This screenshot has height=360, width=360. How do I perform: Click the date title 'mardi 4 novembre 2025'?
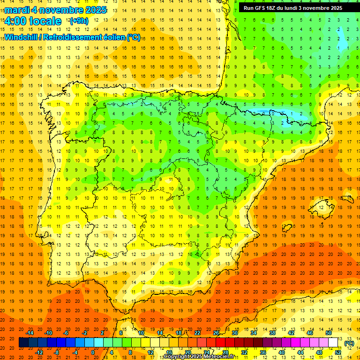coord(56,10)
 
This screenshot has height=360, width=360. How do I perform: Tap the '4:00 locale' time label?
coord(33,21)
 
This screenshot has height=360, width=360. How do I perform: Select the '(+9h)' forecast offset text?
coord(78,21)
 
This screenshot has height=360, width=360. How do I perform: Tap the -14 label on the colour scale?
coord(30,333)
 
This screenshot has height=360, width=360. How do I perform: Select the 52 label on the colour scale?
coord(337,352)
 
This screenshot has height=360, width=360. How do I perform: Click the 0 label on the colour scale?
coord(92,352)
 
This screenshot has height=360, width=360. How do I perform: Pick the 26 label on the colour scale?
coord(216,333)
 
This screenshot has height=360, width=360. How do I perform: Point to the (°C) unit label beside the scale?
coord(349,343)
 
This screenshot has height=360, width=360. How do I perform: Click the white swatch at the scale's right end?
coord(333,343)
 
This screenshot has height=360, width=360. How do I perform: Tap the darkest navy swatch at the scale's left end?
coord(23,343)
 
